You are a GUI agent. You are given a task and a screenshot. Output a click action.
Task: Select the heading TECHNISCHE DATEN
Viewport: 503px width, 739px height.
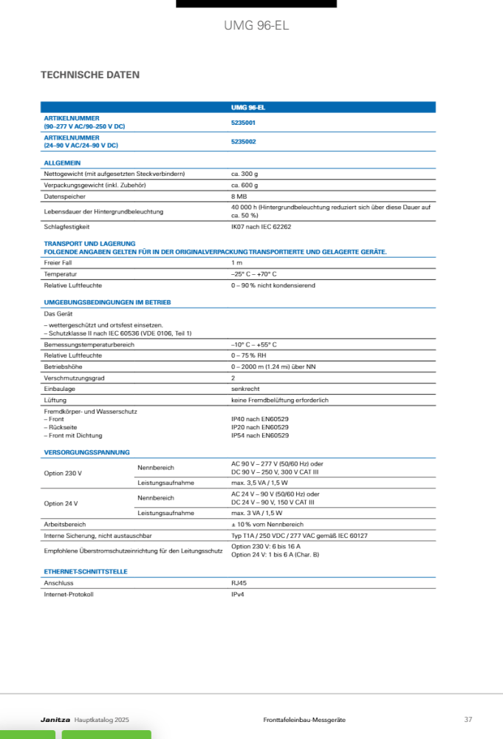[x=89, y=75]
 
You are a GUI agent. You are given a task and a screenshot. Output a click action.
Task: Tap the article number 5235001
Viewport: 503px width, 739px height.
[x=244, y=122]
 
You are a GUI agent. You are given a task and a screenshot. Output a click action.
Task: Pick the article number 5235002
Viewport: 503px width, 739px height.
[x=244, y=141]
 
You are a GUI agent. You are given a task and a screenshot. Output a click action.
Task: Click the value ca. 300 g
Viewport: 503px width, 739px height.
[x=244, y=174]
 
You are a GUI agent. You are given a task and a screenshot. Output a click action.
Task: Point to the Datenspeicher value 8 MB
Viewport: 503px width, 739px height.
[x=239, y=196]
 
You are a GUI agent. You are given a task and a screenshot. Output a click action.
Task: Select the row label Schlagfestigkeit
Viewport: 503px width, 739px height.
[x=67, y=227]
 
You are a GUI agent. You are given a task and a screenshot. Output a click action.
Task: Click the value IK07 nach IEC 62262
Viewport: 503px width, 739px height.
[x=261, y=227]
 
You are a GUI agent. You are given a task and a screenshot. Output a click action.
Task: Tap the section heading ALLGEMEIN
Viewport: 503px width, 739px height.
[x=62, y=163]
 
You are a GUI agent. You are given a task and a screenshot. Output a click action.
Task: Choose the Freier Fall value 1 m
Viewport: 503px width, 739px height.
[x=236, y=263]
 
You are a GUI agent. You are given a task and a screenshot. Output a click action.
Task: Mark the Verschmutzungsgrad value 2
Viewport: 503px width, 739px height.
[x=233, y=378]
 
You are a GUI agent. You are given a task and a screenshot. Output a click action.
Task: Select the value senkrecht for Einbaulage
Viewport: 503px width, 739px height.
[x=246, y=389]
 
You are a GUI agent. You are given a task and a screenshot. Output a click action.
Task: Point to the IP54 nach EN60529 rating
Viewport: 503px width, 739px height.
[x=260, y=435]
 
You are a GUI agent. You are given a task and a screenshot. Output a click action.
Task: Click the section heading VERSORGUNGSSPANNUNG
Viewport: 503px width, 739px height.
[x=86, y=452]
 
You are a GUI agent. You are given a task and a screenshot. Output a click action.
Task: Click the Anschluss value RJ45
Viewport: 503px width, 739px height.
[x=239, y=583]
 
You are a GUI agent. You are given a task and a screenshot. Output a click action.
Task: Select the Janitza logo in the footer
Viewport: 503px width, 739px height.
[x=55, y=720]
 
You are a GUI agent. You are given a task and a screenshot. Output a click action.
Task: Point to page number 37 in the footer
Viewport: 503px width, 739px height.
[x=468, y=720]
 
